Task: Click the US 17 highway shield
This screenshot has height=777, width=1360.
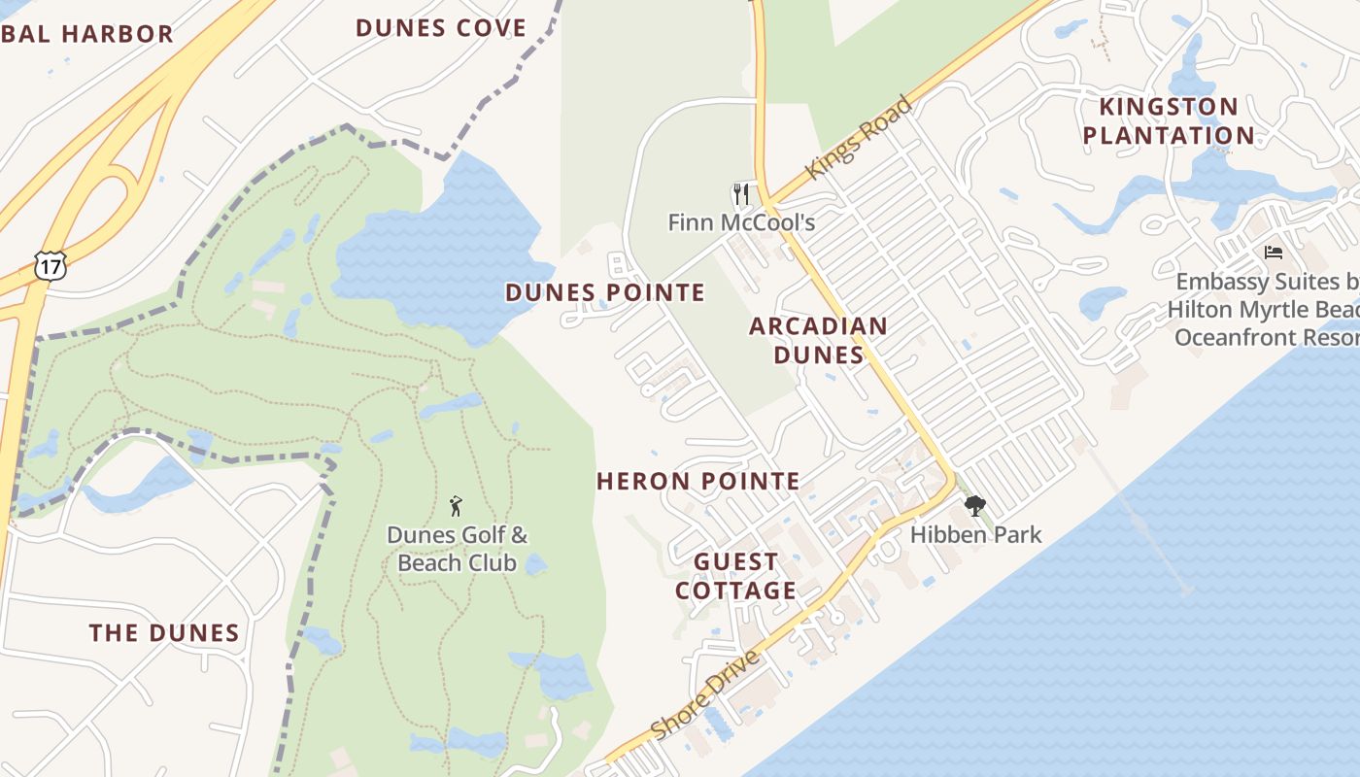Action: click(x=49, y=265)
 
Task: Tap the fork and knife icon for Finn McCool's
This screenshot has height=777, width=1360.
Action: click(x=741, y=194)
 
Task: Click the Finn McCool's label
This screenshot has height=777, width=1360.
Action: click(x=741, y=222)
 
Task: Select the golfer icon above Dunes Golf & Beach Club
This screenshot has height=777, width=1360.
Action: click(x=456, y=506)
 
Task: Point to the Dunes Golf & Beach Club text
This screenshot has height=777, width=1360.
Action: click(x=457, y=549)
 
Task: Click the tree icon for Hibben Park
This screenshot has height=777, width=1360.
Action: click(x=974, y=506)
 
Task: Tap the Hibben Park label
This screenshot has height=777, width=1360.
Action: click(x=975, y=534)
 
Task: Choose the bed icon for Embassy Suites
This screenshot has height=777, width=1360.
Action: click(x=1274, y=253)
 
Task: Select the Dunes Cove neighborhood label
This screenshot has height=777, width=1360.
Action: click(x=441, y=28)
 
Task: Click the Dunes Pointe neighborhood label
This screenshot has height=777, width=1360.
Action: click(x=605, y=292)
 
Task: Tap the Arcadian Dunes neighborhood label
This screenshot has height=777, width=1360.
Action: click(x=818, y=340)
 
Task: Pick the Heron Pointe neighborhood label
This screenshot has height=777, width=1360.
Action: click(x=698, y=481)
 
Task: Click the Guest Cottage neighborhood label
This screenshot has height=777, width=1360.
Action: click(x=735, y=576)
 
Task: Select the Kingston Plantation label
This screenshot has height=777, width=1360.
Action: click(x=1169, y=120)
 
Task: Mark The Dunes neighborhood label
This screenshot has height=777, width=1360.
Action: click(x=164, y=633)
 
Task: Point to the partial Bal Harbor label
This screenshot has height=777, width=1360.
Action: click(x=86, y=34)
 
